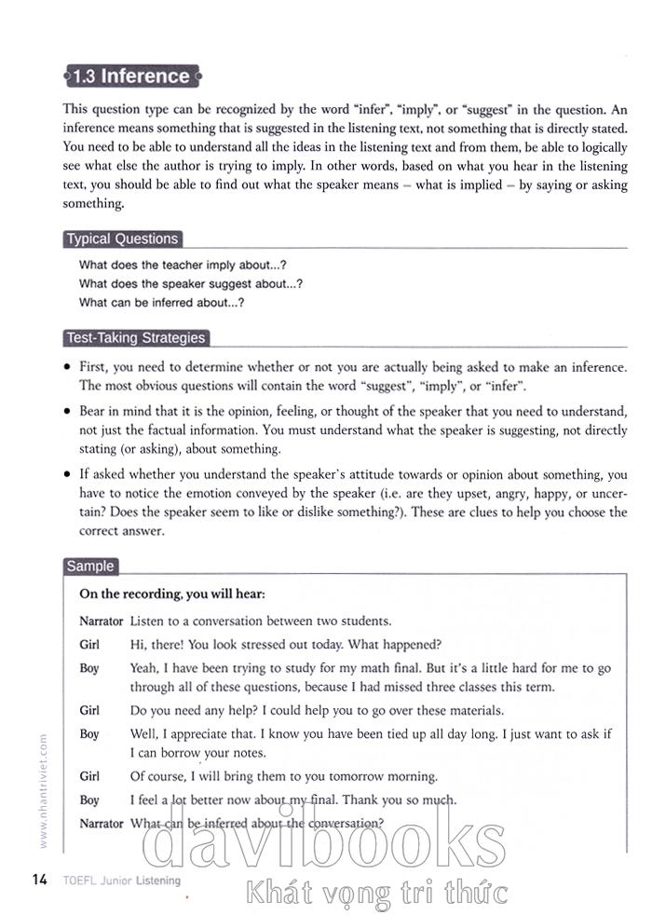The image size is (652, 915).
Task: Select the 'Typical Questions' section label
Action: (x=121, y=239)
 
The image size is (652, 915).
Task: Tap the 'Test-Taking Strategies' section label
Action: (x=136, y=338)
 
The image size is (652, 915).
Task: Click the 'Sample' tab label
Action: (x=90, y=566)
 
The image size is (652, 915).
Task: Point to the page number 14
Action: (x=39, y=880)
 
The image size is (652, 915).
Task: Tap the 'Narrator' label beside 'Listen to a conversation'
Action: (x=102, y=621)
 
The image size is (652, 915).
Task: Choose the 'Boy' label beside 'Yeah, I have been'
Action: (x=89, y=668)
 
